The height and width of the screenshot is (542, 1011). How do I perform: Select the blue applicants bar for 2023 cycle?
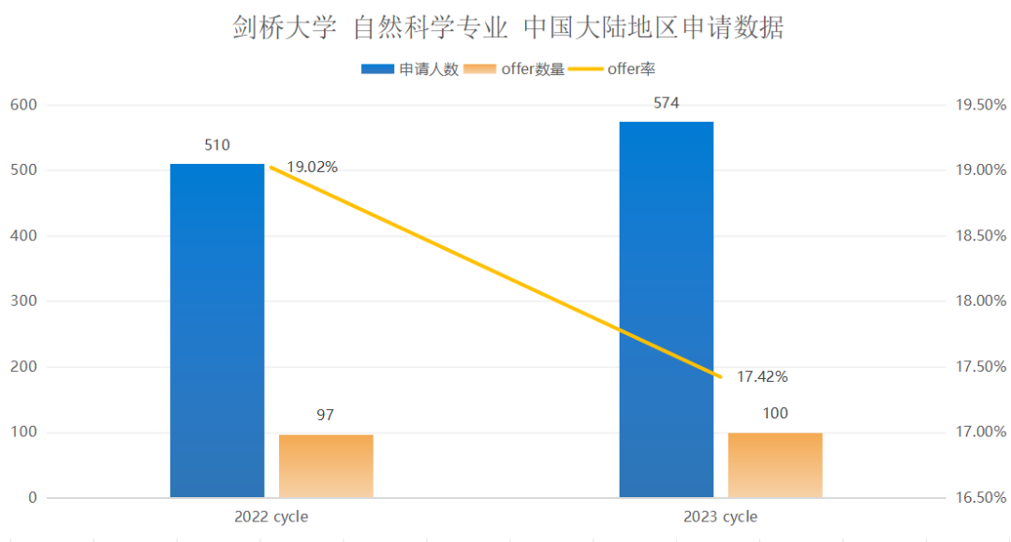[667, 309]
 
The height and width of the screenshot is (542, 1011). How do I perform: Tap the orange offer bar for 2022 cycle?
[326, 465]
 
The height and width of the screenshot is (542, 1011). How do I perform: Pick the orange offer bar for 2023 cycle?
[775, 464]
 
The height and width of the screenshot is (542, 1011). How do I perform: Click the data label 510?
[217, 145]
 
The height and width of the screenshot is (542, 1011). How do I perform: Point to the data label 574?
[667, 103]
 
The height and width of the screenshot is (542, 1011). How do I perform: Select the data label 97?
[326, 415]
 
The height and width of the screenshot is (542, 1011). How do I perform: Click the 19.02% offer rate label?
[312, 168]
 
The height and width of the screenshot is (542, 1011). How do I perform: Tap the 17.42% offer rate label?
[762, 377]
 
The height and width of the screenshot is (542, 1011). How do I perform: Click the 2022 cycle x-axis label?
[271, 517]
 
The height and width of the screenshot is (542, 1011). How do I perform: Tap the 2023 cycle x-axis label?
[720, 517]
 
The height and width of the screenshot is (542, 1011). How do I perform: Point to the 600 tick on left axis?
[24, 105]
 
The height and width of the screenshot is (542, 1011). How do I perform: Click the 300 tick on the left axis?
[24, 301]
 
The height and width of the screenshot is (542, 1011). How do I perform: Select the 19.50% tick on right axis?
[979, 105]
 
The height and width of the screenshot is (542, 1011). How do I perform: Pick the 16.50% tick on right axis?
[979, 498]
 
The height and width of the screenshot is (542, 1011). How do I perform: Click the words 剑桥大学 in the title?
[284, 28]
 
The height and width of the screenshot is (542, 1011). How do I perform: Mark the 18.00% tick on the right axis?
[979, 301]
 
